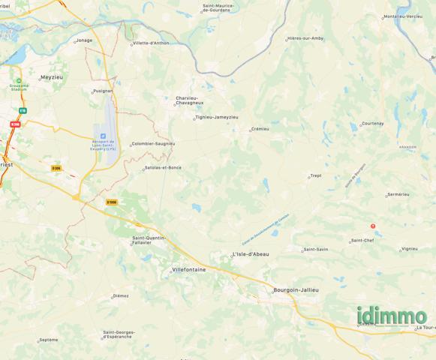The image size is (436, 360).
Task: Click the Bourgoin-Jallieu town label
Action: [296, 289]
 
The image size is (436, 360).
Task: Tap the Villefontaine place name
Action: [189, 268]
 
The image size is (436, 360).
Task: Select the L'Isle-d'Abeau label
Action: [251, 254]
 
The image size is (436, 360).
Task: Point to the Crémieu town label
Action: [260, 129]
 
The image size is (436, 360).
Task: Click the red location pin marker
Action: [374, 226]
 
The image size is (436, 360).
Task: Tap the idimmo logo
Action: [392, 316]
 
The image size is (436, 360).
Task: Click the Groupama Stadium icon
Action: [20, 79]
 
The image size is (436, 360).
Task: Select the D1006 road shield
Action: [112, 202]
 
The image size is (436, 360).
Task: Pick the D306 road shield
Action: [56, 168]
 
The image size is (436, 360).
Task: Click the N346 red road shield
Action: [15, 124]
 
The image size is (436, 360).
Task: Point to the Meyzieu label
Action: [53, 77]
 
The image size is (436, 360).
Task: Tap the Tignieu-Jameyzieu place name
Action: [216, 117]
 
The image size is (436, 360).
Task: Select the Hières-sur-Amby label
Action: [305, 38]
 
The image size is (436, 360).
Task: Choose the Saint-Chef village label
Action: [362, 241]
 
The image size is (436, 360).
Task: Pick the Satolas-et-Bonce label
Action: [163, 168]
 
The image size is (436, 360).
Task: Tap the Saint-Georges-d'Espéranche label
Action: [118, 334]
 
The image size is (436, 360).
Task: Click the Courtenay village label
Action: [372, 123]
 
